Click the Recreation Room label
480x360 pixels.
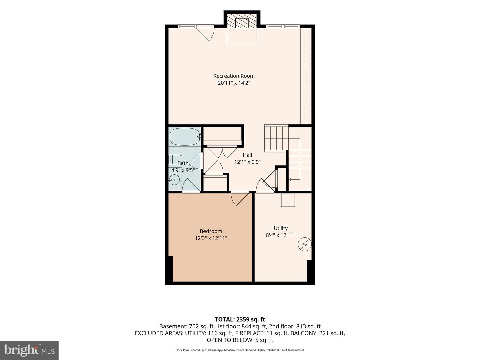tap(234, 76)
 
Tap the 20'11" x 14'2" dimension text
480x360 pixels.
tap(234, 83)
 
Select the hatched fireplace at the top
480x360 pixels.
tap(242, 21)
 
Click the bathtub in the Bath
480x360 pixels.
tap(185, 137)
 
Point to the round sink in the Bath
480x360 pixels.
tap(174, 180)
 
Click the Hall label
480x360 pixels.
tap(247, 155)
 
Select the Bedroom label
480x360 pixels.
tap(211, 231)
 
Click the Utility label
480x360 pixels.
tap(281, 228)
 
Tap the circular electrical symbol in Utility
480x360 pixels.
tap(305, 244)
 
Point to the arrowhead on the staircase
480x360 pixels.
tap(290, 179)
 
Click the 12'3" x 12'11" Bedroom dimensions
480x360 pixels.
tap(211, 238)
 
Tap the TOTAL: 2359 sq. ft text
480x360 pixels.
tap(240, 320)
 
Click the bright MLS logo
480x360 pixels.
tap(29, 350)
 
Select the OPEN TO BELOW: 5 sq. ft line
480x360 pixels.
tap(240, 340)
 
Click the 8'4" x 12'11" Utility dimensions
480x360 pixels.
tap(281, 235)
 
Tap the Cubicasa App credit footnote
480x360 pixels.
tap(240, 350)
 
